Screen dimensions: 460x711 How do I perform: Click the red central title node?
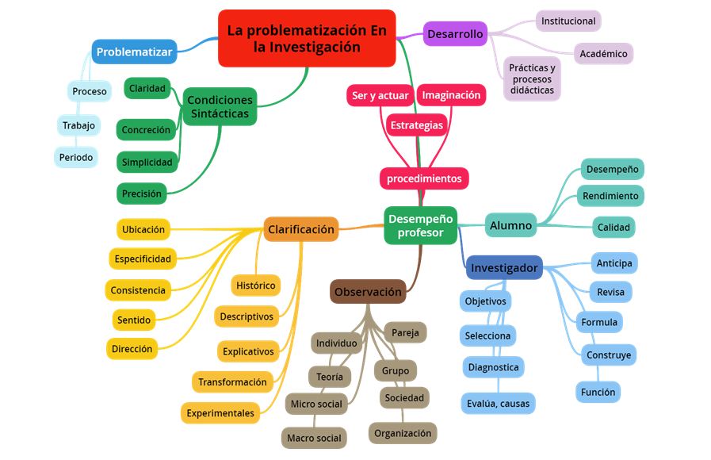306,38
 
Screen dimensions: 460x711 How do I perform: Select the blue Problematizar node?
134,52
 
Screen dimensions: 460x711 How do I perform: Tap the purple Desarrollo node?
455,34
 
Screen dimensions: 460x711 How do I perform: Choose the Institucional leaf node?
568,21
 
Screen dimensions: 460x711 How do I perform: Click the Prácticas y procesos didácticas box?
532,79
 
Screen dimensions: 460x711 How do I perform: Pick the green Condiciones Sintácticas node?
220,106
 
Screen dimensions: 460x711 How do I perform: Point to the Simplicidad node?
147,163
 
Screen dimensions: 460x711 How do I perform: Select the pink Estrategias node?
416,125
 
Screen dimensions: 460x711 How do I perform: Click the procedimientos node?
424,178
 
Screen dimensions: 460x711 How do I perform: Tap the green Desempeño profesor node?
420,225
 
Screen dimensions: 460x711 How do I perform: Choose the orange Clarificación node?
301,229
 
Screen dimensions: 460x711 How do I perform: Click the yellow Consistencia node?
138,290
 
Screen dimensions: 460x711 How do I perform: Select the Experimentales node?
220,413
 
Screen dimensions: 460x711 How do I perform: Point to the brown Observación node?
368,292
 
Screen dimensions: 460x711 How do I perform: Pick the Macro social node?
314,438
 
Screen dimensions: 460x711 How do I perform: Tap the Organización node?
403,433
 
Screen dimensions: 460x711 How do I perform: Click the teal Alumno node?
510,226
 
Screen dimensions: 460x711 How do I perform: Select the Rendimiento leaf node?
610,196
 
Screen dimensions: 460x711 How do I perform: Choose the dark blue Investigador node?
504,268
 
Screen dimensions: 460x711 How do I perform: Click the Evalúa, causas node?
498,404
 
